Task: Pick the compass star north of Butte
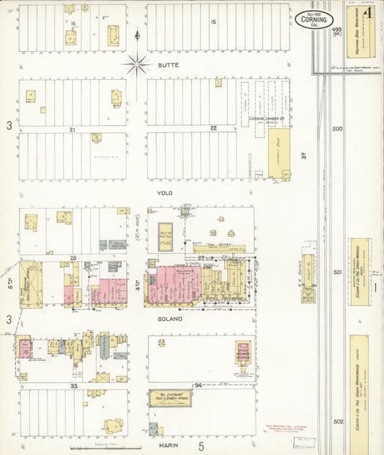pyautogui.click(x=137, y=65)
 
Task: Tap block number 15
pyautogui.click(x=213, y=22)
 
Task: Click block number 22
pyautogui.click(x=213, y=128)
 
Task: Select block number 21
pyautogui.click(x=73, y=129)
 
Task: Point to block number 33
pyautogui.click(x=73, y=386)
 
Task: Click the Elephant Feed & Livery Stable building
pyautogui.click(x=170, y=398)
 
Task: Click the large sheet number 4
pyautogui.click(x=368, y=13)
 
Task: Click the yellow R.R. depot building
pyautogui.click(x=308, y=277)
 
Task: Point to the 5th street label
pyautogui.click(x=10, y=284)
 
